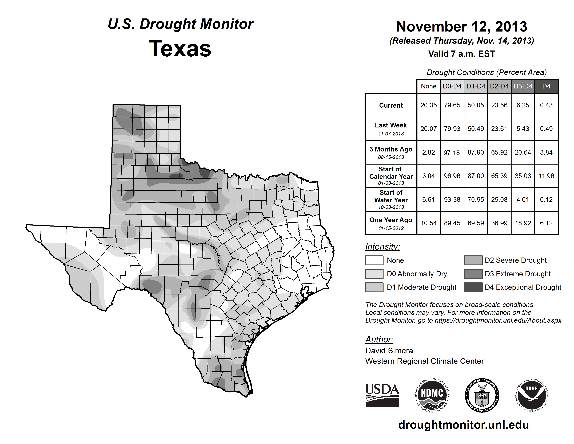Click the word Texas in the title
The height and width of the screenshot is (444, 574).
(x=180, y=49)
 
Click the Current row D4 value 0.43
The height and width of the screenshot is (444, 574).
(x=546, y=105)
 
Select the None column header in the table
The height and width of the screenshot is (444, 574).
(x=428, y=86)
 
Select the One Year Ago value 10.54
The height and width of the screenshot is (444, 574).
(x=428, y=223)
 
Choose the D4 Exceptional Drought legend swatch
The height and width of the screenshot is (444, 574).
(x=473, y=287)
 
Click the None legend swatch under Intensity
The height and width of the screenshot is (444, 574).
(x=374, y=260)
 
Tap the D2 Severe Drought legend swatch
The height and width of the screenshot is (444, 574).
(x=473, y=260)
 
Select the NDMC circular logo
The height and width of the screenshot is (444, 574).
(x=432, y=396)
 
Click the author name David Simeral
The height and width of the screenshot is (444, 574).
(x=390, y=351)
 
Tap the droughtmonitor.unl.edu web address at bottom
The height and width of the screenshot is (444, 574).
(x=463, y=425)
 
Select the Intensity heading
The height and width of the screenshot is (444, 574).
(x=382, y=247)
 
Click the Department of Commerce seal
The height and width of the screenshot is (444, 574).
(x=482, y=396)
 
